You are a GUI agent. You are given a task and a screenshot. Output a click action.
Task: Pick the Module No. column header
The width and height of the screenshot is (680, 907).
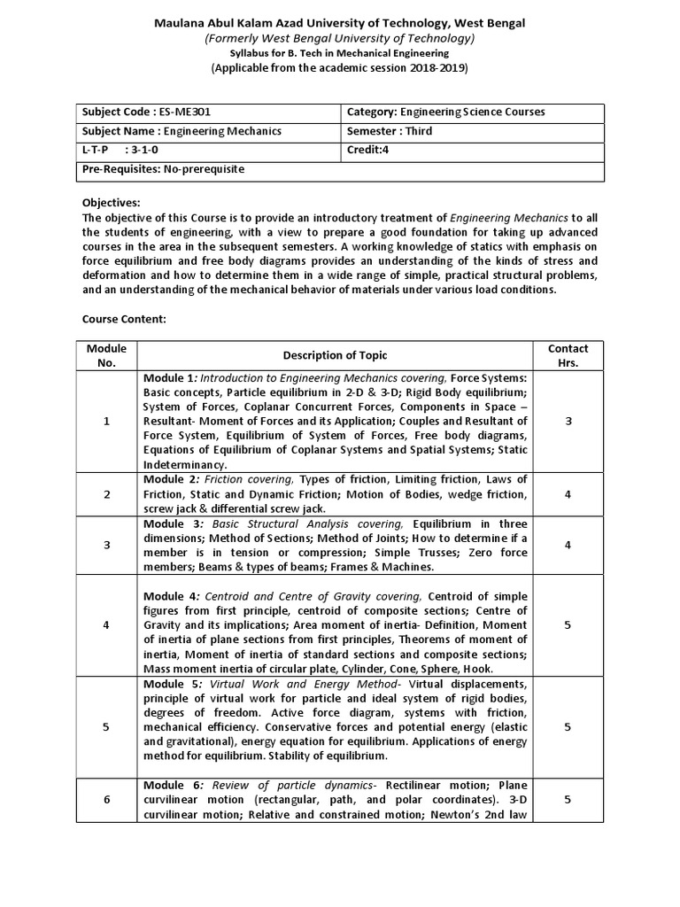pyautogui.click(x=106, y=355)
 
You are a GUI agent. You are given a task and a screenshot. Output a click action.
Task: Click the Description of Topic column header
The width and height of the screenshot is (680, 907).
pyautogui.click(x=335, y=355)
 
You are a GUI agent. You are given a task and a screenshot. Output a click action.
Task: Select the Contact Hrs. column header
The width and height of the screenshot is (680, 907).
pyautogui.click(x=568, y=355)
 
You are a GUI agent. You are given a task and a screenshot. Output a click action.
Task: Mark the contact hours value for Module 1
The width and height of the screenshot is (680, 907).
pyautogui.click(x=568, y=422)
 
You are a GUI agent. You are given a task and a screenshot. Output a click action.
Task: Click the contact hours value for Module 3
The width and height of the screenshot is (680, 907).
pyautogui.click(x=568, y=545)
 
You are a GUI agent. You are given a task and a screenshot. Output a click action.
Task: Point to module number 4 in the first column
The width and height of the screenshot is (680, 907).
pyautogui.click(x=106, y=625)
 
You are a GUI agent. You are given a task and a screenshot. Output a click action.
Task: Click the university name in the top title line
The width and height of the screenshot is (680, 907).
pyautogui.click(x=339, y=23)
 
